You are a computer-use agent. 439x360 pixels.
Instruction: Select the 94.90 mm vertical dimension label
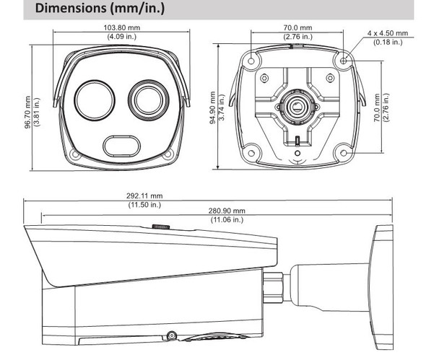[212, 107]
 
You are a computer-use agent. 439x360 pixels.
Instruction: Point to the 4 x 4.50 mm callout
[386, 34]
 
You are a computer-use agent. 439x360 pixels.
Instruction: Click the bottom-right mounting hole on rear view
[343, 152]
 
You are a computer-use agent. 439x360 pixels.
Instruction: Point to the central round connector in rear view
[296, 106]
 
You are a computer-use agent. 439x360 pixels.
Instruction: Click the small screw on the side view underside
[172, 335]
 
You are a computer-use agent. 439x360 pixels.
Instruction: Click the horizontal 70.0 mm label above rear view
[297, 28]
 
